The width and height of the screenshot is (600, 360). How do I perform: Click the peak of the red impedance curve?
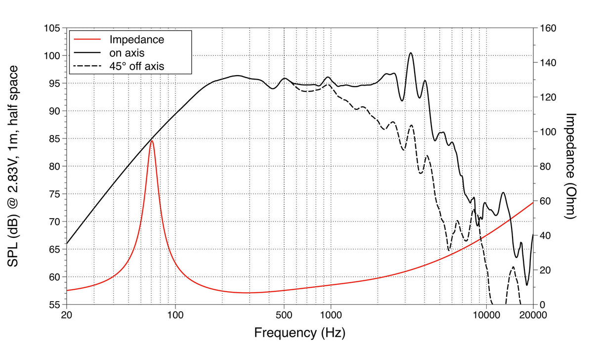(x=152, y=141)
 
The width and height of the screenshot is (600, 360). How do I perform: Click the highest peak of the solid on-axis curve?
(x=410, y=53)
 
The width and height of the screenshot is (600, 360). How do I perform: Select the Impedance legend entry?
(x=136, y=39)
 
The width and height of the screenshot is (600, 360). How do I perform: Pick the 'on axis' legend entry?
(x=127, y=52)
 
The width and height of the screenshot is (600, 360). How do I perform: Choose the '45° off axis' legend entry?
(x=136, y=65)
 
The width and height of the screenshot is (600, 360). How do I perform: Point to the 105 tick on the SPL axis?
(x=52, y=28)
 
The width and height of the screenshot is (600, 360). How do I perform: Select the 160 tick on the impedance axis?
(x=547, y=28)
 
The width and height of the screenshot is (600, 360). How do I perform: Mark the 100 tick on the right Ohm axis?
(x=547, y=132)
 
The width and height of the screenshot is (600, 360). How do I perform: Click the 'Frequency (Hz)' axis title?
(x=300, y=333)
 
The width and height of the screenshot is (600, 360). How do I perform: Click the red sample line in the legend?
(x=86, y=39)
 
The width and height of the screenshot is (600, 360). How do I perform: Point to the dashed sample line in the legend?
(x=86, y=65)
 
